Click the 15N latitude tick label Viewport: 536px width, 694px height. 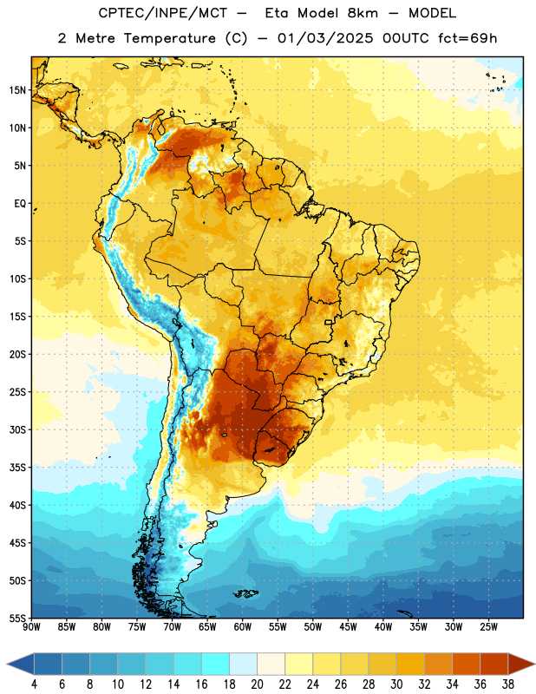17,90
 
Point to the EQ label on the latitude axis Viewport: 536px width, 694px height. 20,204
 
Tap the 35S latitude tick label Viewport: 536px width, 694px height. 17,468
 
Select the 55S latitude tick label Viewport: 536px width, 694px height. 17,619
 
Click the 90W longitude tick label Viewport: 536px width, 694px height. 31,627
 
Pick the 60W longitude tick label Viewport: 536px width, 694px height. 243,627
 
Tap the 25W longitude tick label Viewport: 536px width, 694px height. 488,627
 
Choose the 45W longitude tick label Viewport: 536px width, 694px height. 348,627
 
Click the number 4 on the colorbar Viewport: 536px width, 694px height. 34,684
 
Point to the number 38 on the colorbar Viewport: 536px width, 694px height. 508,684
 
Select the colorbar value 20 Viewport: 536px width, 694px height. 257,684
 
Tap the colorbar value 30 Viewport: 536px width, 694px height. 396,684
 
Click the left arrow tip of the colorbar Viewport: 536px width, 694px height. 7,664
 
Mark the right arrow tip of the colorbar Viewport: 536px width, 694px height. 534,664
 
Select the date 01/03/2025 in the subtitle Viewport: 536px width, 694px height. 325,38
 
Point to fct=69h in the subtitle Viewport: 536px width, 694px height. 467,38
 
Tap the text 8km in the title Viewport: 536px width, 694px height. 363,13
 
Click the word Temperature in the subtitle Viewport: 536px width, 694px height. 169,38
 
